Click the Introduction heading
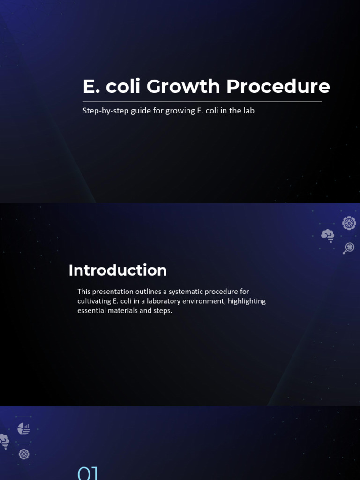point(118,270)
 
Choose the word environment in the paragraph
point(202,301)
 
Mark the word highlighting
point(247,301)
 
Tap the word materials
point(124,310)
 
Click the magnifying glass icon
point(349,248)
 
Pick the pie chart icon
point(24,428)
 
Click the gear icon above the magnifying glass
point(349,223)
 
